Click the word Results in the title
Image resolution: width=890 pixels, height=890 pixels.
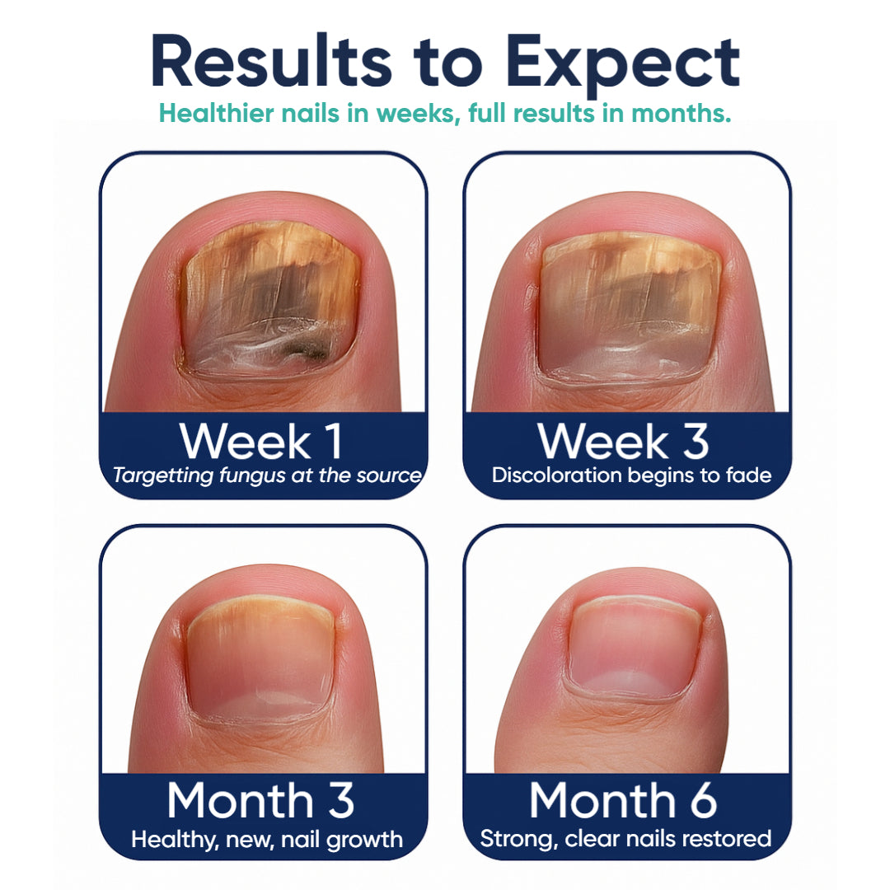coord(271,61)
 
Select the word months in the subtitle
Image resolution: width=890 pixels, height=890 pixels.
coord(682,113)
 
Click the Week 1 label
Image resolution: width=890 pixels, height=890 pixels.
coord(262,441)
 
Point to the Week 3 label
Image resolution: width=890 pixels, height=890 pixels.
coord(624,441)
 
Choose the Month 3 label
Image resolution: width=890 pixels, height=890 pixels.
coord(260,799)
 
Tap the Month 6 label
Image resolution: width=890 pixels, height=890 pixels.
coord(623,799)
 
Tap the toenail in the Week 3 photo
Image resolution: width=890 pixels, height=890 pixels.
coord(629,307)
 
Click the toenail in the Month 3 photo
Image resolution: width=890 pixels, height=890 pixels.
coord(260,658)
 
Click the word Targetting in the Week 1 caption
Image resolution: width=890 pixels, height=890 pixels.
coord(163,475)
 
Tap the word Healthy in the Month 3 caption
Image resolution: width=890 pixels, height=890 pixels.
coord(175,840)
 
